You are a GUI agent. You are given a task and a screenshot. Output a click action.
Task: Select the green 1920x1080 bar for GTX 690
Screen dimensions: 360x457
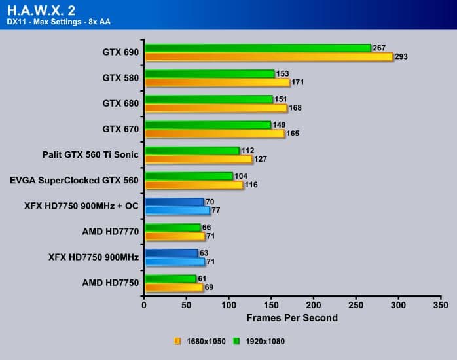click(257, 48)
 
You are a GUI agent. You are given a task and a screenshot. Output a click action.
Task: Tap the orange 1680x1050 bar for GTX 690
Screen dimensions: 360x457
click(268, 57)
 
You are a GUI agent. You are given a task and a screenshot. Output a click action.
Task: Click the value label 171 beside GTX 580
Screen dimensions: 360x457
click(298, 82)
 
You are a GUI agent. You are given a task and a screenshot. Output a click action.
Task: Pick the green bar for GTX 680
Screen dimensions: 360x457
click(208, 99)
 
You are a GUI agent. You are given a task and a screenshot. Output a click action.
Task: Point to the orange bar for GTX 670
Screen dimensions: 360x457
click(214, 134)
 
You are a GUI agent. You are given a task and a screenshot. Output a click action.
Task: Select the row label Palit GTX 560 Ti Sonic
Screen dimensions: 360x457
click(90, 155)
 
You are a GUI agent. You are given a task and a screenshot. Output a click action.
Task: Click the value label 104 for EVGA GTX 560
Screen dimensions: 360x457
click(242, 176)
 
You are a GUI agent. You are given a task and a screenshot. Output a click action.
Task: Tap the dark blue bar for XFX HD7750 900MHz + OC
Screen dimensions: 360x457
click(174, 202)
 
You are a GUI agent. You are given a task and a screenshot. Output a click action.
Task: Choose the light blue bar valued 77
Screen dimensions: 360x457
click(177, 211)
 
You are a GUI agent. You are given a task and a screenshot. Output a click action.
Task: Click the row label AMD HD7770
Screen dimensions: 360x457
click(111, 232)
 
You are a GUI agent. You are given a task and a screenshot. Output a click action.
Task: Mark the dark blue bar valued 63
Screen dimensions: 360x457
click(171, 253)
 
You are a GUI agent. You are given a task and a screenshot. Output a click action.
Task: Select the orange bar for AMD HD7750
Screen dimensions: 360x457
click(174, 287)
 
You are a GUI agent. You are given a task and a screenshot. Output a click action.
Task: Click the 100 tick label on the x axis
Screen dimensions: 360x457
click(229, 305)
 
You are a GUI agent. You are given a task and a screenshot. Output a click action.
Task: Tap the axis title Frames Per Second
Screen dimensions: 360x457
click(292, 318)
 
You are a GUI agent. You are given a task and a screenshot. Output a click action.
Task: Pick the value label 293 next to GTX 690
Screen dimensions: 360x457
click(401, 57)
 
